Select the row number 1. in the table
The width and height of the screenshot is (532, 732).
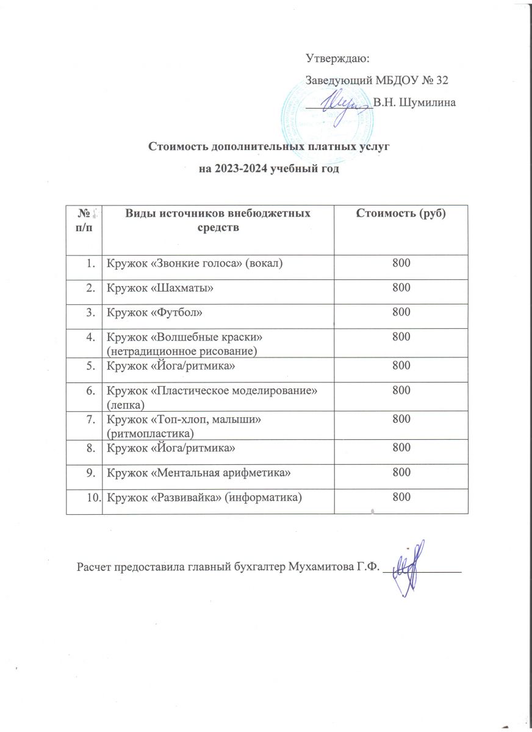point(91,263)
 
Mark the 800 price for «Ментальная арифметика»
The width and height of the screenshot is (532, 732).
point(400,472)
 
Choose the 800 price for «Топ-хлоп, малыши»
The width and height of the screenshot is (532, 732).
point(400,419)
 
